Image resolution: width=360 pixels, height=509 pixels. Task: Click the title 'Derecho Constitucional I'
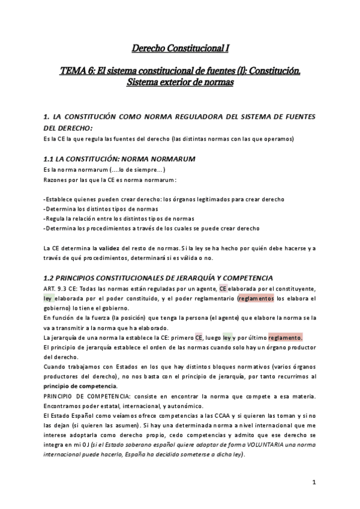pyautogui.click(x=179, y=47)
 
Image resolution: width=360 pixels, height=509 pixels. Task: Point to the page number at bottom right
pyautogui.click(x=314, y=482)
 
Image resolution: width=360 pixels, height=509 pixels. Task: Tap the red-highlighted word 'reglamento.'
pyautogui.click(x=286, y=337)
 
